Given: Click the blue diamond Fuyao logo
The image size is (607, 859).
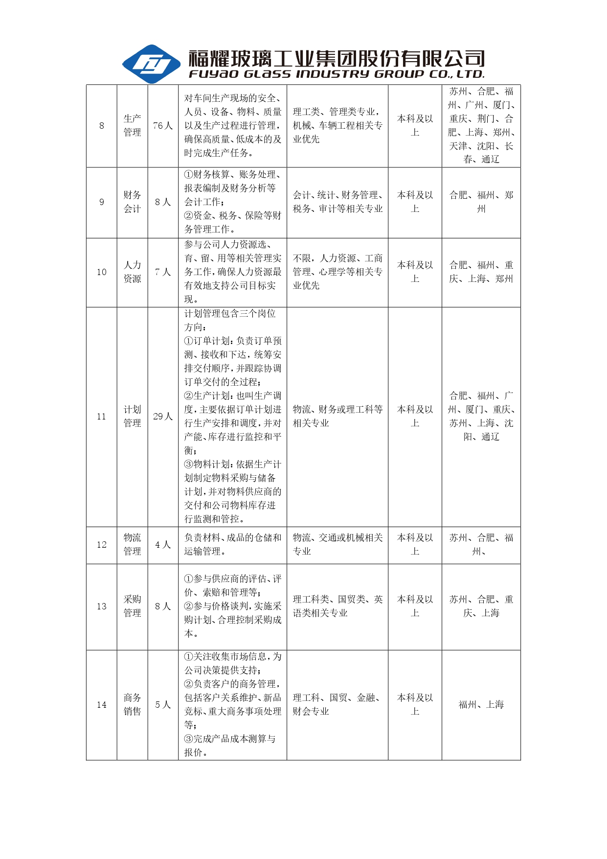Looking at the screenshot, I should click(x=151, y=64).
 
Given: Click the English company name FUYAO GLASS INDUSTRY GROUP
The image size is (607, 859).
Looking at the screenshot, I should click(x=337, y=74).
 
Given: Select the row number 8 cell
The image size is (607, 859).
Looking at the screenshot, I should click(x=102, y=126).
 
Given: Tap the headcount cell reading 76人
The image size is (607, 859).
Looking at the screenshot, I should click(x=163, y=126).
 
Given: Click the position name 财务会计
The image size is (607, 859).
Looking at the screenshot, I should click(x=132, y=202).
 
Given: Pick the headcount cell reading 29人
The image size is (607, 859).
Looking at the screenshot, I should click(x=163, y=417).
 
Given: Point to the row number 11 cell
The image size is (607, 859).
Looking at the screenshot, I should click(x=102, y=417).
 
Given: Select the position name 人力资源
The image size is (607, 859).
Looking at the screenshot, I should click(x=132, y=272).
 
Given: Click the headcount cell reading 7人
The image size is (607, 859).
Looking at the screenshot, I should click(x=163, y=272).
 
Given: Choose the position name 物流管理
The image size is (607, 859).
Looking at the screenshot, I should click(x=132, y=545).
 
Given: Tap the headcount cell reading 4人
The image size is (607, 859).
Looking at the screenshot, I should click(x=163, y=545).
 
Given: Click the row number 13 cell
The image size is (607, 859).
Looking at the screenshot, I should click(x=102, y=606).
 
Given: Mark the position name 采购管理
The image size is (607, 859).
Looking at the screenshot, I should click(x=132, y=606).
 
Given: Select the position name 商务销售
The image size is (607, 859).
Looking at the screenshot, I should click(x=132, y=705).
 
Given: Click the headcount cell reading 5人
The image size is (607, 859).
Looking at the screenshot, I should click(x=163, y=705).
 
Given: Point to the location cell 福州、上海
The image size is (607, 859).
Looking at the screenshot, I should click(x=481, y=705).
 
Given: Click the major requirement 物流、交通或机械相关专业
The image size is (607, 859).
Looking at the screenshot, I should click(x=337, y=545).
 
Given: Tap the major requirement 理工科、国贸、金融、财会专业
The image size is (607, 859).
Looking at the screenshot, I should click(x=337, y=705).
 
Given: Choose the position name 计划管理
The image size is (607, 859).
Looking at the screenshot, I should click(x=132, y=417).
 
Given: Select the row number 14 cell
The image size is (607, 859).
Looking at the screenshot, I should click(x=102, y=705).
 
